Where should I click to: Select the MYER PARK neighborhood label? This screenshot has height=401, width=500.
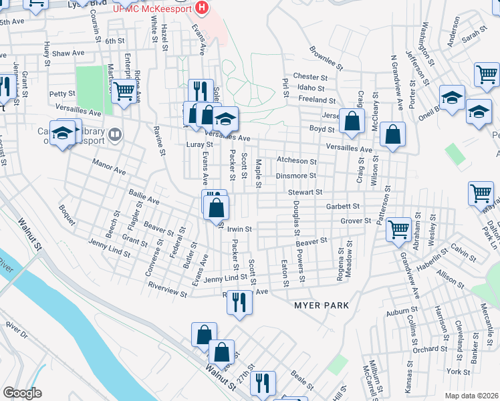pos(322,305)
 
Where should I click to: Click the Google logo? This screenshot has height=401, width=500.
pos(23,393)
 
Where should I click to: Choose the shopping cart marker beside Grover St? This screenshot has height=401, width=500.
pos(398,229)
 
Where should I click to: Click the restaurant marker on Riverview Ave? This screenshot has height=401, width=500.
pos(239,302)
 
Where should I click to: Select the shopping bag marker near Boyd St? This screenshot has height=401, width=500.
pos(351,121)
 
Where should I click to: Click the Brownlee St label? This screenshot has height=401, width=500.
pos(326,59)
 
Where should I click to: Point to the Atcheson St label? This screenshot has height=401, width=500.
pos(296,161)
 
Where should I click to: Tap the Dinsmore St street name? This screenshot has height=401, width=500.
pos(295,176)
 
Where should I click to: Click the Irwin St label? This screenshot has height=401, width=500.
pos(239,229)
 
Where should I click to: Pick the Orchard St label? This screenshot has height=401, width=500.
pos(425,349)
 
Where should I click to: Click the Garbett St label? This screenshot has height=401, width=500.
pos(343,207)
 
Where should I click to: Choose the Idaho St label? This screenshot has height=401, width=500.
pos(312,88)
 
